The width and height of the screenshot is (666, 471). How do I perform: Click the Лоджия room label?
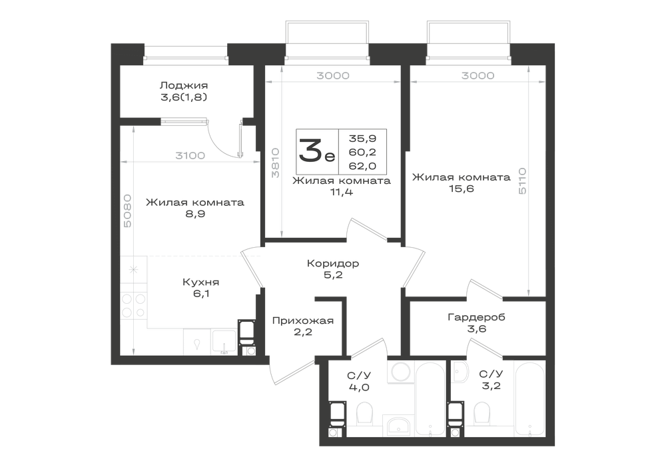point(184,86)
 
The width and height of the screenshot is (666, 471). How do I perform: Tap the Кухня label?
point(201,282)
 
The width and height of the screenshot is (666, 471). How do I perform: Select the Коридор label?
point(333,263)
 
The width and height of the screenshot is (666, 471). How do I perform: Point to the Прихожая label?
point(303,320)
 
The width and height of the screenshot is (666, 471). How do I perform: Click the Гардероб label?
point(477,317)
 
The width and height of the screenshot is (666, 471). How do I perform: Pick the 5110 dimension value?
point(522,181)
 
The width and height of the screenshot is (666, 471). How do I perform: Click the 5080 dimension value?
point(127,211)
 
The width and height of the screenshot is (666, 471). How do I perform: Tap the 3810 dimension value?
point(275,163)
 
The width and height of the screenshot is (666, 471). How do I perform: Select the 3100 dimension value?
point(190,156)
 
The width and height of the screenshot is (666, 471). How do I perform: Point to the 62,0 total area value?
point(363,166)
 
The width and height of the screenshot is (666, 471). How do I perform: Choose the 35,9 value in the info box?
point(363,139)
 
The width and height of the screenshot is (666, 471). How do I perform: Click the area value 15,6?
point(462,189)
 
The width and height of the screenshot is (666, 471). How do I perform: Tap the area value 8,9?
point(195,214)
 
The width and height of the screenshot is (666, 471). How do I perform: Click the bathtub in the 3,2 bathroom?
point(529,398)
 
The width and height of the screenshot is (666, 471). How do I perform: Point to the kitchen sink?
point(224,342)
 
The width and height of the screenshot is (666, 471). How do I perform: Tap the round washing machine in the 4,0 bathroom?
point(400,372)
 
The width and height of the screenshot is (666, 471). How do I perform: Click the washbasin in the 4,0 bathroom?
point(398,426)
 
